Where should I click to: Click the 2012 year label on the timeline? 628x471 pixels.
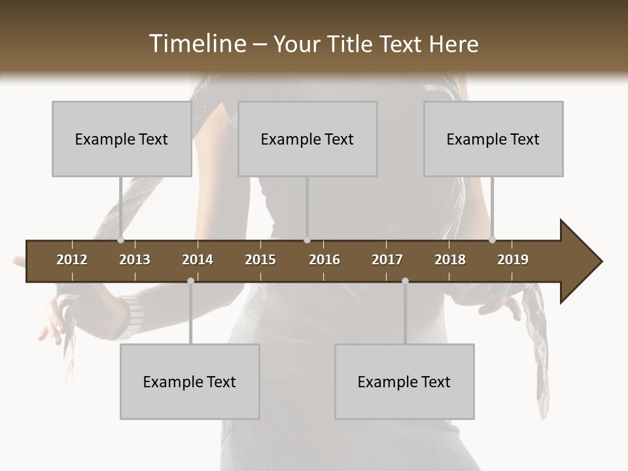pyautogui.click(x=72, y=260)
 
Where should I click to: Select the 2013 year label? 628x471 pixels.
pyautogui.click(x=135, y=260)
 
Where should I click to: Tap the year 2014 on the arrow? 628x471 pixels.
pyautogui.click(x=198, y=260)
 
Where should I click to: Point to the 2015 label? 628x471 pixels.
pyautogui.click(x=260, y=260)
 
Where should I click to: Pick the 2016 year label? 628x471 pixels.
pyautogui.click(x=324, y=260)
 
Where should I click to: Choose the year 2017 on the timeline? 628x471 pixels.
pyautogui.click(x=387, y=260)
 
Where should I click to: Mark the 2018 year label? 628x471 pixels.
pyautogui.click(x=450, y=260)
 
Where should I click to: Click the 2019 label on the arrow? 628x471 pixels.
pyautogui.click(x=513, y=260)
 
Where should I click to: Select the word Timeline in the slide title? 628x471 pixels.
pyautogui.click(x=196, y=44)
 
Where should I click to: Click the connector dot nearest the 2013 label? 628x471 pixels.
pyautogui.click(x=120, y=239)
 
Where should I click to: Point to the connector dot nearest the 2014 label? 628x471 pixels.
pyautogui.click(x=190, y=281)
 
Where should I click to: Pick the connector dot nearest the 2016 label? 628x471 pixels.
pyautogui.click(x=307, y=239)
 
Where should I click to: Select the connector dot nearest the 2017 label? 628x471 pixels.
pyautogui.click(x=405, y=281)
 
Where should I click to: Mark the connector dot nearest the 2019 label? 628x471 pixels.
pyautogui.click(x=492, y=239)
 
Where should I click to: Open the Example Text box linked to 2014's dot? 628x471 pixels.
pyautogui.click(x=190, y=382)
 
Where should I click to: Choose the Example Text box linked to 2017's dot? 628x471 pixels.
pyautogui.click(x=404, y=382)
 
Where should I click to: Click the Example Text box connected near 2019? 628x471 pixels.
pyautogui.click(x=493, y=139)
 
